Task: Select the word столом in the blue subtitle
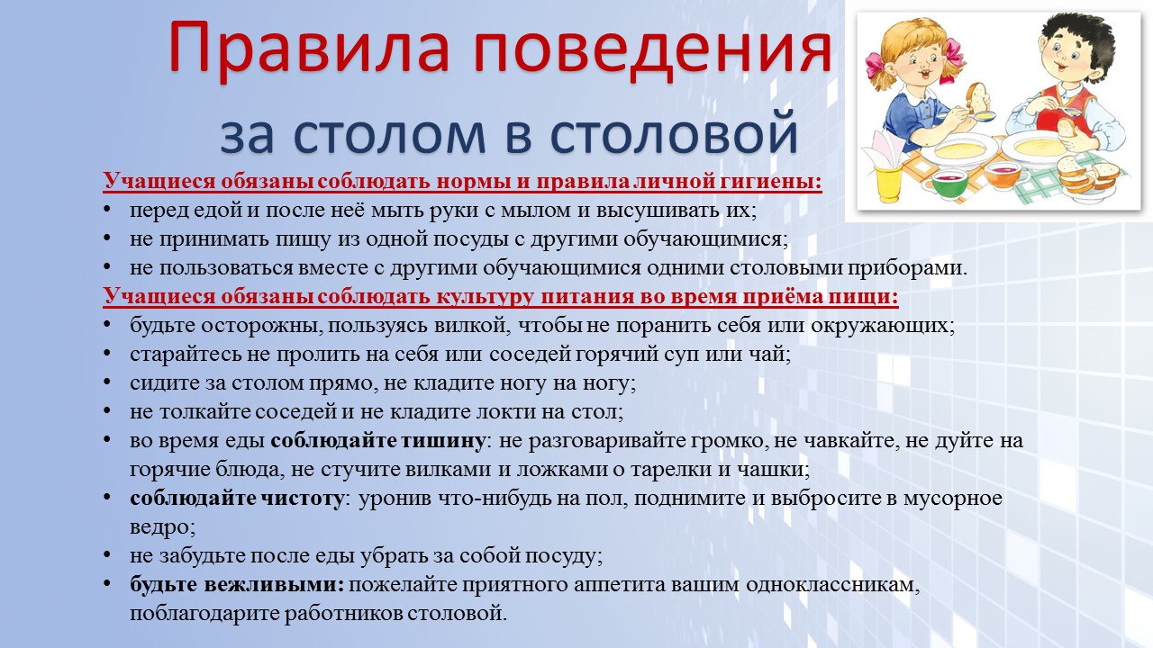click(390, 135)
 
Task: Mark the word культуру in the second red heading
click(485, 298)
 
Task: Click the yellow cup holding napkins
click(888, 183)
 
